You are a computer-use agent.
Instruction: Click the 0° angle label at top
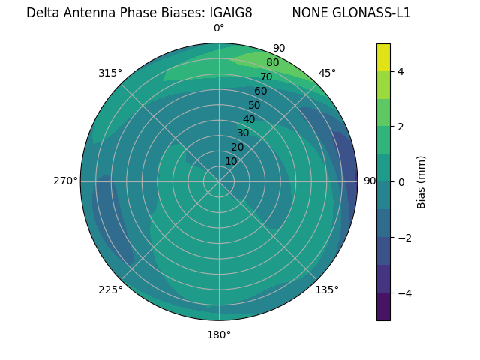tap(219, 28)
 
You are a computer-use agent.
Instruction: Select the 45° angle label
tap(327, 73)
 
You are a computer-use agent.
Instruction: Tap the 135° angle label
tap(327, 289)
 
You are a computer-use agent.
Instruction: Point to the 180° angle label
tap(219, 334)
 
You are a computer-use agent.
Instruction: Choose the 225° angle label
tap(110, 289)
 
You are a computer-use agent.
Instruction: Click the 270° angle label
tap(65, 181)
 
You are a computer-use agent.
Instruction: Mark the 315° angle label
tap(110, 73)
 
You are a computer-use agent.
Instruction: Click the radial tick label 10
tap(231, 161)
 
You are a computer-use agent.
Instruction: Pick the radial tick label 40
tap(249, 119)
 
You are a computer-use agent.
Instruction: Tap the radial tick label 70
tap(266, 76)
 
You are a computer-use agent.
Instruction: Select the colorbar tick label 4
tap(401, 71)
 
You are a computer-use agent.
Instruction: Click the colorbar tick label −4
tap(403, 292)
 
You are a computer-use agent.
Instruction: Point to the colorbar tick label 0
tap(401, 181)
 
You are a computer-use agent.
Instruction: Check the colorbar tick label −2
tap(403, 237)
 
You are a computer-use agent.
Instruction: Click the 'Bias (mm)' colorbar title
tap(421, 181)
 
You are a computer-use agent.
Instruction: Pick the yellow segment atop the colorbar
tap(383, 57)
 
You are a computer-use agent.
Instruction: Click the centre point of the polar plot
tap(219, 181)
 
